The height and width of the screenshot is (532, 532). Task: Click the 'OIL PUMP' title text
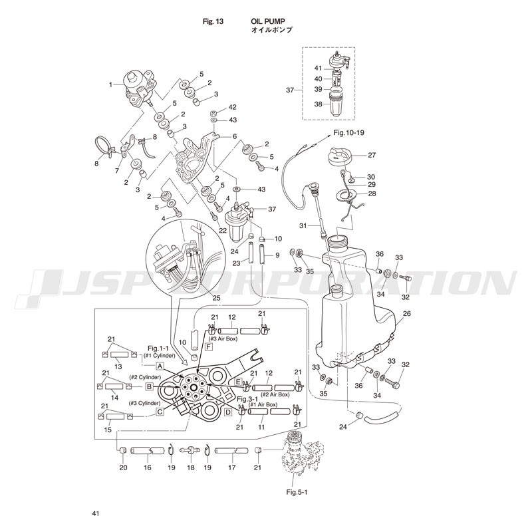268,21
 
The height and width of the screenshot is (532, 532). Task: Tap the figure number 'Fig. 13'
213,21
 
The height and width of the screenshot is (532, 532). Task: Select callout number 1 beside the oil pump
112,84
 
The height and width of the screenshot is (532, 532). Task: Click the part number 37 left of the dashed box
290,90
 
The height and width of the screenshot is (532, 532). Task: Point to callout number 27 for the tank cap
372,155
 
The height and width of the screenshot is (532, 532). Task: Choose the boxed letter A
161,366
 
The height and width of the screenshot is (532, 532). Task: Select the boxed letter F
209,347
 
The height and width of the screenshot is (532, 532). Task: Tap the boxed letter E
237,382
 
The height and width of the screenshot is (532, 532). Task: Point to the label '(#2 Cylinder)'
144,378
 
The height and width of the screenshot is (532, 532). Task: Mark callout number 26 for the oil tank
407,313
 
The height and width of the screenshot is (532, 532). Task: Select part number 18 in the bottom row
190,468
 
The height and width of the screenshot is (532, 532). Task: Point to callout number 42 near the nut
232,107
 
